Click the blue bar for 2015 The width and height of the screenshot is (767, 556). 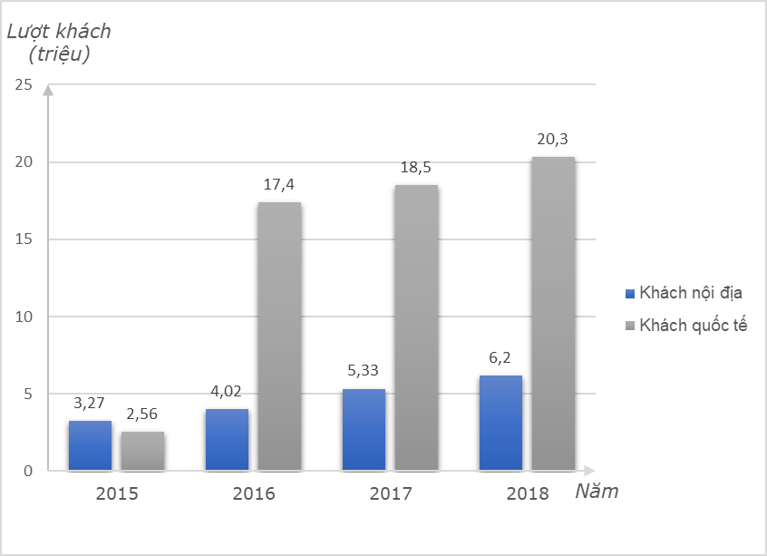click(90, 445)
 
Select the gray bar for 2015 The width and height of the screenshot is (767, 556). click(142, 451)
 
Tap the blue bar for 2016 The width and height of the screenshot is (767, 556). click(227, 439)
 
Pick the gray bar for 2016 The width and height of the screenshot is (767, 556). click(279, 337)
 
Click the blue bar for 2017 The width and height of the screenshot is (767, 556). click(364, 429)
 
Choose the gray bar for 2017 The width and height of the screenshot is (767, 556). click(416, 327)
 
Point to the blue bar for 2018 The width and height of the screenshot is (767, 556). click(500, 423)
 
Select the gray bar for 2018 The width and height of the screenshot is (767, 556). click(553, 314)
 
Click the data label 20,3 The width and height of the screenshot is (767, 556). click(552, 140)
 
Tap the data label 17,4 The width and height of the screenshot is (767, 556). click(278, 185)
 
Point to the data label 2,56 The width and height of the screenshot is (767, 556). click(142, 415)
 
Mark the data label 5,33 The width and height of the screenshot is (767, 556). click(364, 371)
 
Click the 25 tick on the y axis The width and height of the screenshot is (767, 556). click(23, 85)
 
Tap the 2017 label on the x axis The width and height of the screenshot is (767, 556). click(390, 494)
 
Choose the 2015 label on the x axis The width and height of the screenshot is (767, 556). click(116, 494)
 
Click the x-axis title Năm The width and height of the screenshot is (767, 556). click(597, 492)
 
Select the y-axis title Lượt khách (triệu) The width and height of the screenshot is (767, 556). click(59, 42)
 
